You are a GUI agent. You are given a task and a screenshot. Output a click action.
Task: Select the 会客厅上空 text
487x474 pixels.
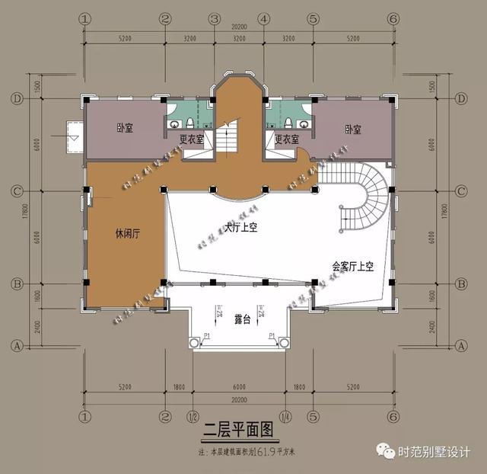coord(354,267)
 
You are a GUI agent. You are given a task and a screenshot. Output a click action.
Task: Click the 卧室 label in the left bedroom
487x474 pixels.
coord(125,128)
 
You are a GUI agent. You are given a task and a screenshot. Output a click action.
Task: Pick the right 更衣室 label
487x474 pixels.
coord(287,139)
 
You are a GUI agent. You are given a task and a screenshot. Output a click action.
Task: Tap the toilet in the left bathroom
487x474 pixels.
coord(175,123)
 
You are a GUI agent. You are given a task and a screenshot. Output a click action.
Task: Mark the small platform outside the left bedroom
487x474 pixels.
coord(75,137)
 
